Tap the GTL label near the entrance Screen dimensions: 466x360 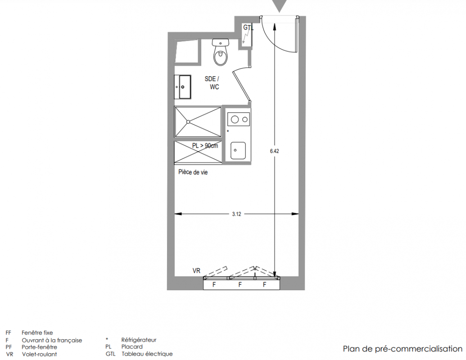pyautogui.click(x=249, y=27)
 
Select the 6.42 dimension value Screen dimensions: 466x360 pyautogui.click(x=274, y=151)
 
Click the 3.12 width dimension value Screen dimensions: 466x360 pyautogui.click(x=236, y=214)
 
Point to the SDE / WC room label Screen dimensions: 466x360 pyautogui.click(x=212, y=83)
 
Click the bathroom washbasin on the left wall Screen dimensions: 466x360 pyautogui.click(x=183, y=87)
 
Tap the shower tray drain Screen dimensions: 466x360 pyautogui.click(x=188, y=121)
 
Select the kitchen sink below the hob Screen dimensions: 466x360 pyautogui.click(x=238, y=150)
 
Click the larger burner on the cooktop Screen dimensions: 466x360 pyautogui.click(x=235, y=120)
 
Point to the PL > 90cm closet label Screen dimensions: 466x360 pyautogui.click(x=205, y=145)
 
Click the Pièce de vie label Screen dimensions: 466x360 pyautogui.click(x=193, y=172)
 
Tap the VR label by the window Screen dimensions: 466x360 pyautogui.click(x=196, y=270)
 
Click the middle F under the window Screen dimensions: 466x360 pyautogui.click(x=240, y=285)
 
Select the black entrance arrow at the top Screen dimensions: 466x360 pyautogui.click(x=279, y=5)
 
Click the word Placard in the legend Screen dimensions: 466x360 pyautogui.click(x=132, y=346)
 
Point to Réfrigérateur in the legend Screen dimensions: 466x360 pyautogui.click(x=139, y=340)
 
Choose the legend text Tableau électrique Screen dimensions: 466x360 pyautogui.click(x=147, y=354)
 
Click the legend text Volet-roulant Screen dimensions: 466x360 pyautogui.click(x=39, y=354)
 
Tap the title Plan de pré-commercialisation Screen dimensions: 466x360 pyautogui.click(x=403, y=348)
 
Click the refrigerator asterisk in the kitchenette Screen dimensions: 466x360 pyautogui.click(x=228, y=131)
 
